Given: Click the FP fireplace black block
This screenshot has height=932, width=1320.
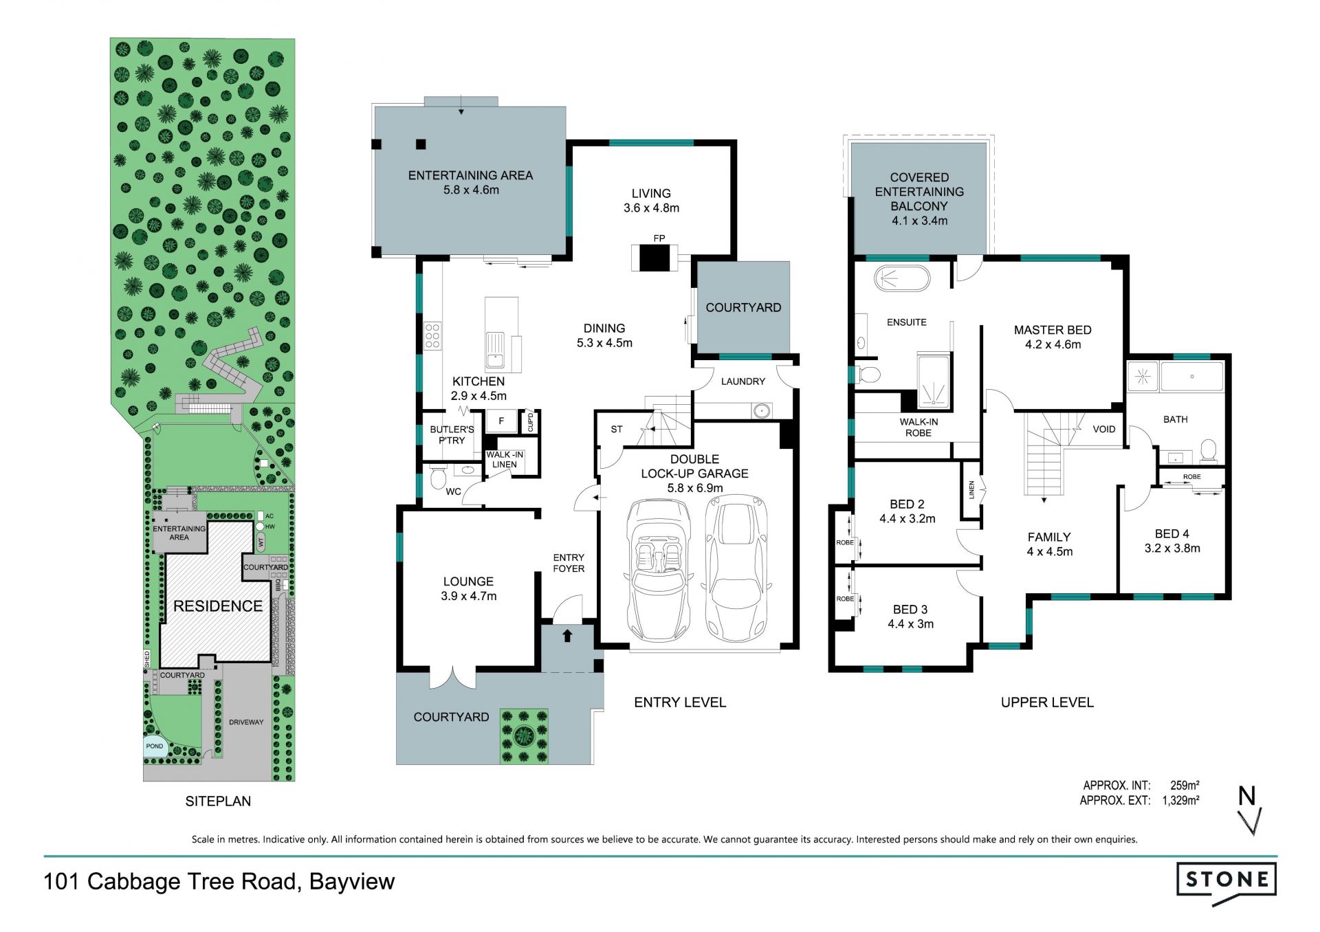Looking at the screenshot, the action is [x=654, y=258].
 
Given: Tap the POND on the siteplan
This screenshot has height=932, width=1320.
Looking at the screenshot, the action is [x=155, y=746].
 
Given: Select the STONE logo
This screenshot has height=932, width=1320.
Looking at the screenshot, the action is [x=1226, y=882].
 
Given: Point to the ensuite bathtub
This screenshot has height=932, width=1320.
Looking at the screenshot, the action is [x=901, y=278].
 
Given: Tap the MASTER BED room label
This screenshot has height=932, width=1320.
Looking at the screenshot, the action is [x=1053, y=330].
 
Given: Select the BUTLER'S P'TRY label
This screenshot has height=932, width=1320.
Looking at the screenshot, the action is [x=452, y=435].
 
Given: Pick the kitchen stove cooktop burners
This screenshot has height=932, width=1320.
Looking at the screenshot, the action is [x=432, y=335].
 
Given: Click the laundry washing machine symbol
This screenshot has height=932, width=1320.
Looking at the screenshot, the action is [x=761, y=411].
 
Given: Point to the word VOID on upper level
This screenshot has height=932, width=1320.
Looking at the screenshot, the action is [x=1104, y=430].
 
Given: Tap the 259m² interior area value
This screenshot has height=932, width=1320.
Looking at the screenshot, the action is [x=1185, y=785].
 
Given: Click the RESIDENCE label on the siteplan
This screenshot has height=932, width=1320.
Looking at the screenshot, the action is [x=218, y=606].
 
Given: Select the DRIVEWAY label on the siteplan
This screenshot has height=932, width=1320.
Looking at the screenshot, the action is [x=246, y=722].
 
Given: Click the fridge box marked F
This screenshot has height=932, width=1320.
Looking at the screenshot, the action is [x=501, y=421].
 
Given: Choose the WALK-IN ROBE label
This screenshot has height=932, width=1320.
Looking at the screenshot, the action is [x=918, y=428].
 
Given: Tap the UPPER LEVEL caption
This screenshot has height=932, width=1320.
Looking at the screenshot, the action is [x=1047, y=702].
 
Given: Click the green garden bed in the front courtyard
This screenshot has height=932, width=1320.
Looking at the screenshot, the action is [x=524, y=737].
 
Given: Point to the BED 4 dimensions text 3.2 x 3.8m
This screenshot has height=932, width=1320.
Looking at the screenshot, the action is [x=1172, y=548].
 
